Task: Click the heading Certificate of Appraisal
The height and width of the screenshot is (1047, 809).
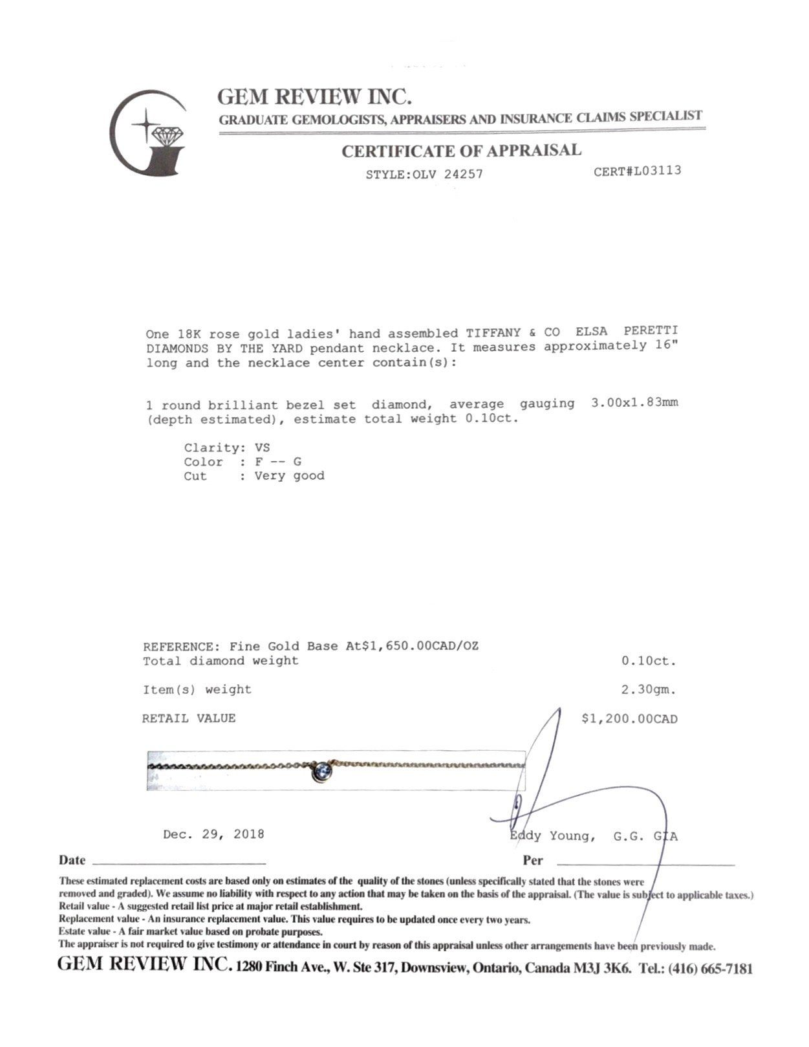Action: coord(461,151)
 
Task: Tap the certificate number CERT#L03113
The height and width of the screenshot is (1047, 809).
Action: coord(637,171)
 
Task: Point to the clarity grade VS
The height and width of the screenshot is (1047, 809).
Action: coord(262,448)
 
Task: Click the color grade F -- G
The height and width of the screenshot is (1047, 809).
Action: coord(278,462)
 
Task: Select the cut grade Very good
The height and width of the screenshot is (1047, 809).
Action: coord(289,476)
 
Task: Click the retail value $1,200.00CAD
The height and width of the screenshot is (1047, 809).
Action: coord(629,718)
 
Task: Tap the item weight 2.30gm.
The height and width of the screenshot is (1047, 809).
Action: coord(648,689)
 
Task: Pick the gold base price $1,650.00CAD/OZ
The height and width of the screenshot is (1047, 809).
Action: coord(420,646)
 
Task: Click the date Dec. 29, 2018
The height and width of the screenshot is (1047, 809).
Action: coord(213,834)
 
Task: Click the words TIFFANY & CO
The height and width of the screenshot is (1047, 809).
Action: coord(513,333)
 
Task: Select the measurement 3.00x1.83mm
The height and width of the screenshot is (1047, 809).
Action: coord(634,403)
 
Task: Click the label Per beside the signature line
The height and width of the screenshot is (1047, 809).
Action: coord(533,861)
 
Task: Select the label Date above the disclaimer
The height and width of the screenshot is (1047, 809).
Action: coord(72,860)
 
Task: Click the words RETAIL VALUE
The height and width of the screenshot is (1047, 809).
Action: coord(189,718)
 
